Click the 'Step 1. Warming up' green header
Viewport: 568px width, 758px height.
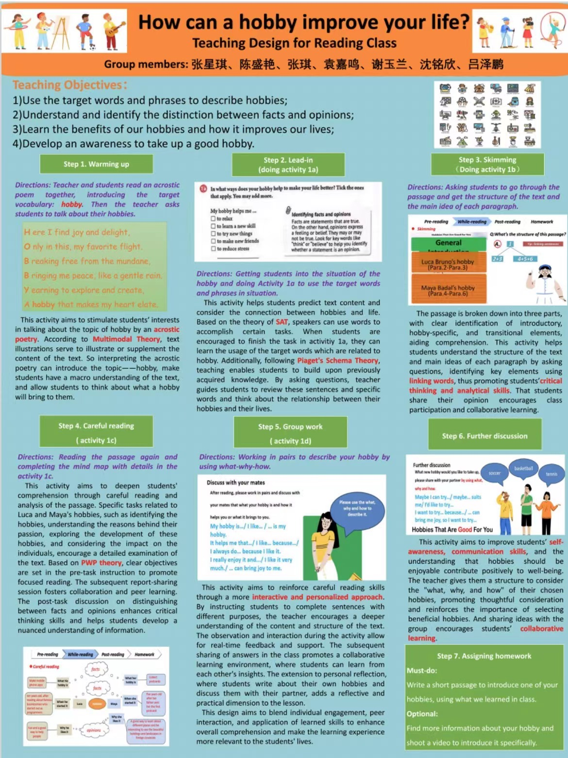[x=96, y=164]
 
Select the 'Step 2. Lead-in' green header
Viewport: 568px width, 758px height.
[x=288, y=165]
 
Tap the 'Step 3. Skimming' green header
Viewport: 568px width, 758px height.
[x=487, y=164]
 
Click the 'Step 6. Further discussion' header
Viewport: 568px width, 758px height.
[x=484, y=436]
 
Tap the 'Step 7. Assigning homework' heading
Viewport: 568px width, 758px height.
[x=484, y=656]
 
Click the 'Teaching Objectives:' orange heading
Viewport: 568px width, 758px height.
[x=69, y=85]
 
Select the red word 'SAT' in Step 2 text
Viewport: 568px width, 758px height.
[x=282, y=322]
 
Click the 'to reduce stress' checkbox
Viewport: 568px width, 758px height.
[x=213, y=249]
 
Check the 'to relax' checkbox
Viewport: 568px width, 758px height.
[x=213, y=219]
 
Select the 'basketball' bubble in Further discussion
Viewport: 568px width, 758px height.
[x=523, y=469]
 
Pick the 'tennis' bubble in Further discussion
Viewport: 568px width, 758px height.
[x=551, y=474]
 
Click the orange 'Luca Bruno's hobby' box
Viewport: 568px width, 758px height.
[x=448, y=264]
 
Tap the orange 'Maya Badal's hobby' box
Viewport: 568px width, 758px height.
[x=448, y=290]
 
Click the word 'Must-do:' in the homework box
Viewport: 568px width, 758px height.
[x=422, y=671]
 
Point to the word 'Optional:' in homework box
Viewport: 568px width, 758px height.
[x=422, y=714]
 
